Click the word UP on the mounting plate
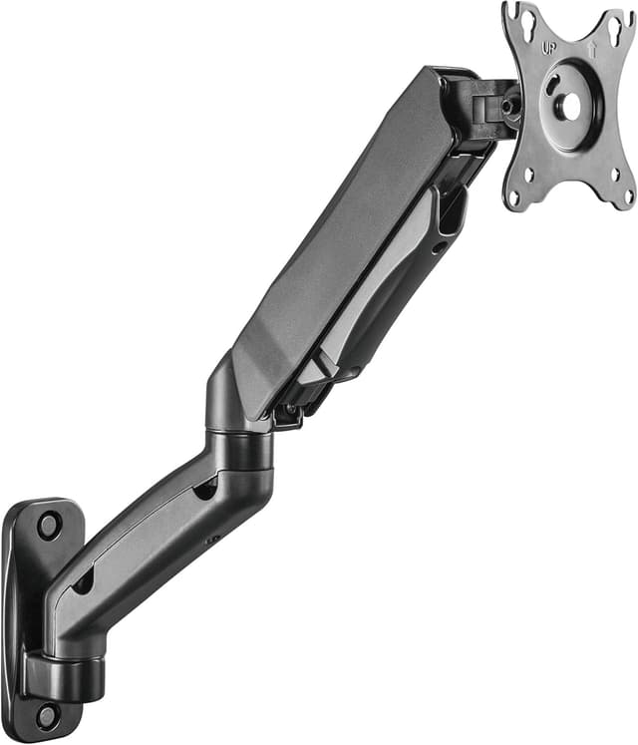547,47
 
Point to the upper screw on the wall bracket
48,523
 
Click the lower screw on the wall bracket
45,713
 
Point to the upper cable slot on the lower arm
206,487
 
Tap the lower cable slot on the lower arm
84,581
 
